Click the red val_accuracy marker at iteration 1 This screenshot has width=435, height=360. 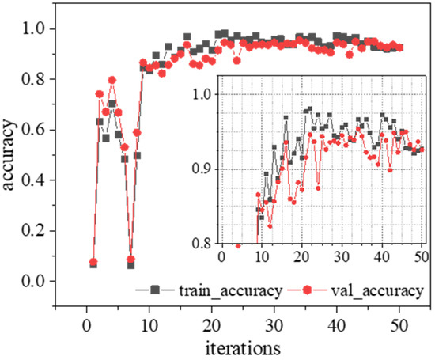coord(93,262)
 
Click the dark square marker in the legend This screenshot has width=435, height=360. coord(179,290)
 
